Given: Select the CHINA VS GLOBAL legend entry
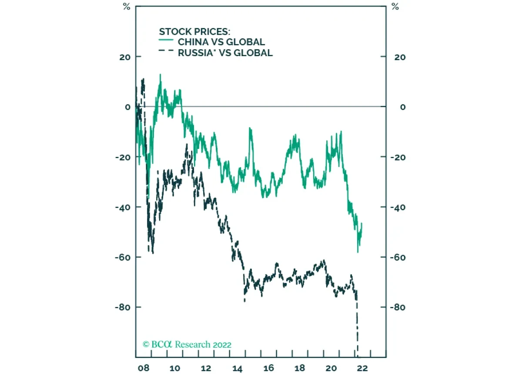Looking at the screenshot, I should pyautogui.click(x=221, y=42).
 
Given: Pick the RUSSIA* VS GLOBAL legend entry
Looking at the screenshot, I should pyautogui.click(x=225, y=53).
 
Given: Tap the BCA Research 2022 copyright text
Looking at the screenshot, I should pyautogui.click(x=187, y=344).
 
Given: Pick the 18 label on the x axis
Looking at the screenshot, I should pyautogui.click(x=300, y=368).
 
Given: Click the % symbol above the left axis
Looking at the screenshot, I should pyautogui.click(x=127, y=7).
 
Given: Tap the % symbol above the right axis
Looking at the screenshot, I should pyautogui.click(x=395, y=7).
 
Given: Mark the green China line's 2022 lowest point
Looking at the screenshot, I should pyautogui.click(x=358, y=252).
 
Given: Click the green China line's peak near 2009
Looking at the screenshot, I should pyautogui.click(x=160, y=74).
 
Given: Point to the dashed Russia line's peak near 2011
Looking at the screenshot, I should pyautogui.click(x=187, y=145).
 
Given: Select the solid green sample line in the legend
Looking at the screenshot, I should pyautogui.click(x=167, y=42).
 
